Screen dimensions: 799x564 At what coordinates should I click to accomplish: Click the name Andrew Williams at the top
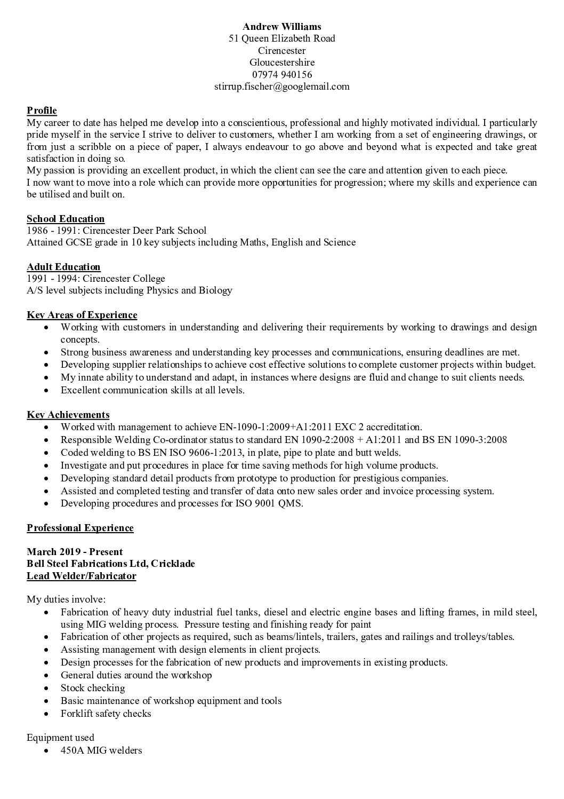[x=282, y=26]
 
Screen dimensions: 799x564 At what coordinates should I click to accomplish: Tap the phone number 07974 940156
[x=282, y=74]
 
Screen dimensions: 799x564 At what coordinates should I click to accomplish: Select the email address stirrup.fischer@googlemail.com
[x=282, y=86]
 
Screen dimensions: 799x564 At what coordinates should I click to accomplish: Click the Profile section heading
[x=42, y=110]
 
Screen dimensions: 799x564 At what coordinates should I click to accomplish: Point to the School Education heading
[x=66, y=218]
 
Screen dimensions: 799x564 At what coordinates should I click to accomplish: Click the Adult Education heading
[x=63, y=267]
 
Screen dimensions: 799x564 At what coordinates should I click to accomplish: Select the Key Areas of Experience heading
[x=82, y=315]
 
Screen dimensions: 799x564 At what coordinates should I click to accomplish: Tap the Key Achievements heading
[x=68, y=415]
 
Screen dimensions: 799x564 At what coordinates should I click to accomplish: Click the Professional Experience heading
[x=80, y=528]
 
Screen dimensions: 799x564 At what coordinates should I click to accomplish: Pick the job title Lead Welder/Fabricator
[x=82, y=576]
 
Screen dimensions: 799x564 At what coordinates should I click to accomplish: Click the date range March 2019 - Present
[x=75, y=552]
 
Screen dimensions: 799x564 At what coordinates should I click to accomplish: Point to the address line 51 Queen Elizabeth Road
[x=282, y=38]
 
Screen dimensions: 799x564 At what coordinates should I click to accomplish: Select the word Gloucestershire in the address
[x=282, y=62]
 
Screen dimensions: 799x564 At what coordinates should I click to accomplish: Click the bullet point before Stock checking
[x=49, y=689]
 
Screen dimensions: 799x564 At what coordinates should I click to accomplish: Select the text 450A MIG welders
[x=101, y=750]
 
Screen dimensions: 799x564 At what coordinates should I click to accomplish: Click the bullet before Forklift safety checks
[x=49, y=714]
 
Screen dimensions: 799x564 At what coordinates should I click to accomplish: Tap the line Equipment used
[x=60, y=738]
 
